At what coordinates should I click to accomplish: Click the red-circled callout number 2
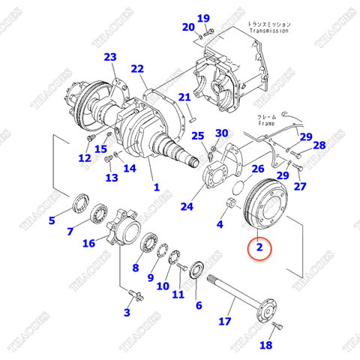point(259,247)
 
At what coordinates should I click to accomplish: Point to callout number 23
point(110,57)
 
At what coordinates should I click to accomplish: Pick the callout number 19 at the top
point(204,18)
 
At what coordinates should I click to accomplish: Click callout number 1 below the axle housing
point(156,187)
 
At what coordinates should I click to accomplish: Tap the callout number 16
point(89,242)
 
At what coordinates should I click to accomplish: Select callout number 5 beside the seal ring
point(52,220)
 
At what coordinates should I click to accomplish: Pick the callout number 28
point(319,145)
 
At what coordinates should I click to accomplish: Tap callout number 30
point(221,133)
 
